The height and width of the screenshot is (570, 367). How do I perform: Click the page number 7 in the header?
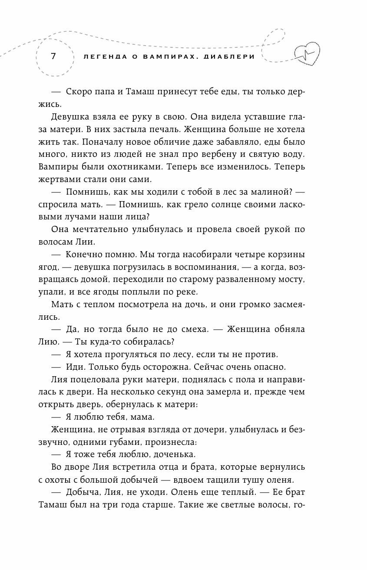click(53, 56)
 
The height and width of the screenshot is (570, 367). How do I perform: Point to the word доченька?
click(171, 454)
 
